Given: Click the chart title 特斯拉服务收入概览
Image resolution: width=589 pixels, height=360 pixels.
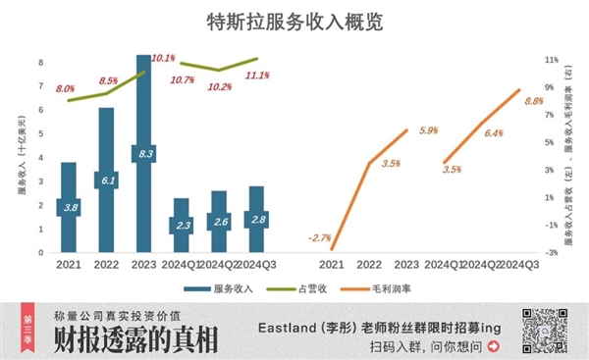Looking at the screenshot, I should click(294, 21).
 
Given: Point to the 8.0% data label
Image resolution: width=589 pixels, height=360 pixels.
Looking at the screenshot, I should click(65, 89).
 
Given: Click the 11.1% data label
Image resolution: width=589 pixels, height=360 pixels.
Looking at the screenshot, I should click(258, 76).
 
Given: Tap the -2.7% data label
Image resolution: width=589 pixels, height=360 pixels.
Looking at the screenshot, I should click(319, 237).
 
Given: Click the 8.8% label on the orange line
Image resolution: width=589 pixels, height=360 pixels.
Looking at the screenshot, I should click(535, 101).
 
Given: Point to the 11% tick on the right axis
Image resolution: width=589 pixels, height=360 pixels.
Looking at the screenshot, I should click(552, 60).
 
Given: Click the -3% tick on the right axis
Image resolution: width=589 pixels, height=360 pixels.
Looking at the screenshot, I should click(552, 252).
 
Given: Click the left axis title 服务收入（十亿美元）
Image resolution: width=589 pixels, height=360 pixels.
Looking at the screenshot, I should click(22, 156).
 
